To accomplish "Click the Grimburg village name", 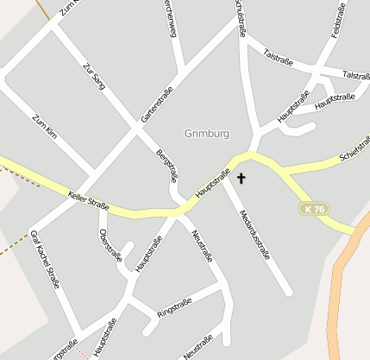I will [207, 134].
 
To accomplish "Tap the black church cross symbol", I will [241, 179].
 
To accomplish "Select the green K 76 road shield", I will [315, 209].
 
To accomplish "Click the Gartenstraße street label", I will [157, 104].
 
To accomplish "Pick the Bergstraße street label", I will [166, 165].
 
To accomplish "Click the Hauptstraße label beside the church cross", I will [212, 182].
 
